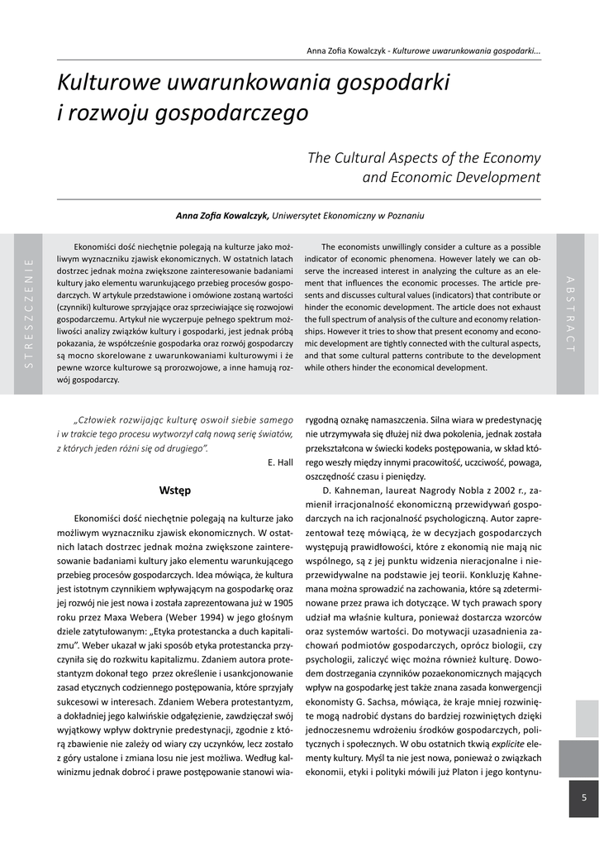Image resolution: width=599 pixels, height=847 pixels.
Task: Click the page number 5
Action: coord(583,797)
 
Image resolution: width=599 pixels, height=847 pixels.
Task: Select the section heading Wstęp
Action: coord(175,490)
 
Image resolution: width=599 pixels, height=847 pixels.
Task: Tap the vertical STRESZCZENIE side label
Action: coord(29,313)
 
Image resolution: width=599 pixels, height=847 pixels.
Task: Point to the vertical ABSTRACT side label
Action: coord(570,313)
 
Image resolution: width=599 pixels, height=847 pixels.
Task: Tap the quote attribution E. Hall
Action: coord(280,462)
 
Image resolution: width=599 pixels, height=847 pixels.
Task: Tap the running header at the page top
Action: coord(423,51)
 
